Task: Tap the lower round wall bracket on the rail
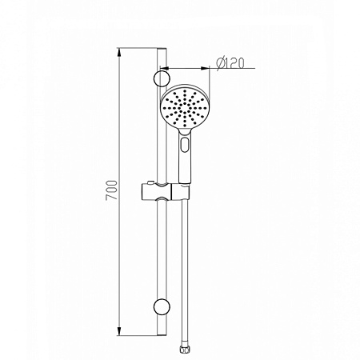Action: click(x=161, y=306)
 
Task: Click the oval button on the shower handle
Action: click(x=186, y=146)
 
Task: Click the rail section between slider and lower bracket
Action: click(x=162, y=248)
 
